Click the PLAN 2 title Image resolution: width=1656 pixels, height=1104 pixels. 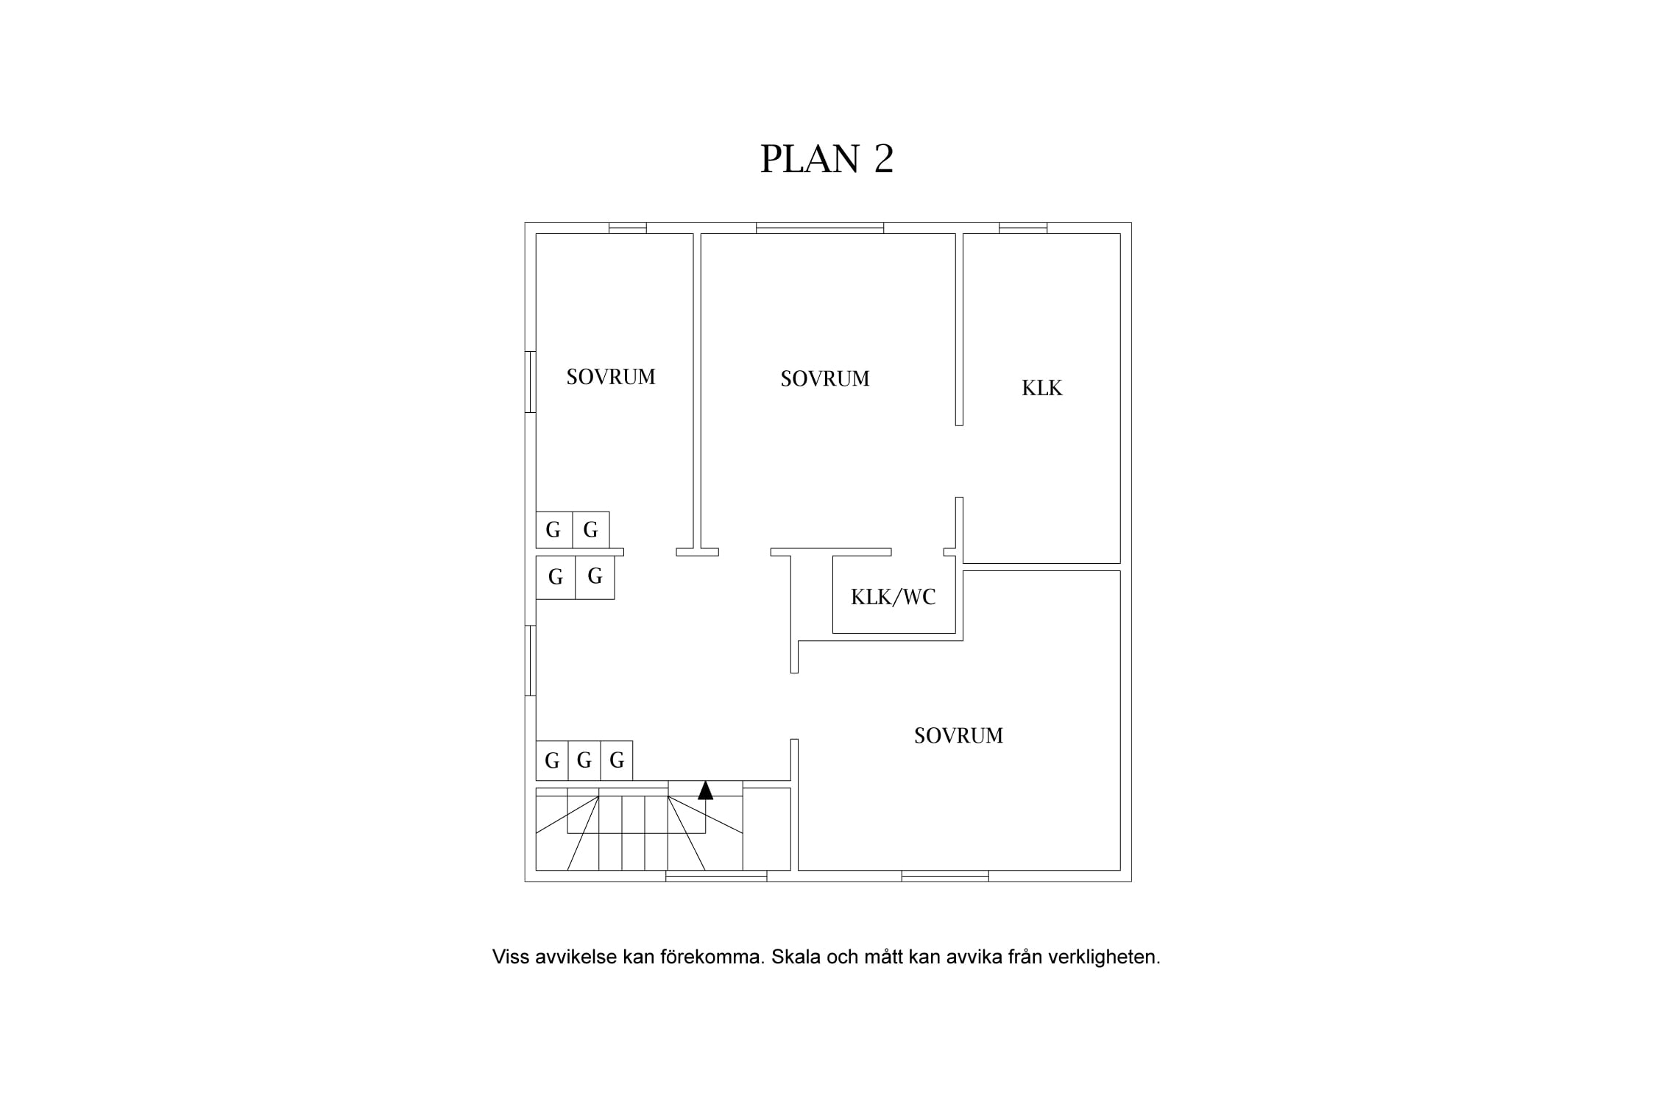tap(827, 158)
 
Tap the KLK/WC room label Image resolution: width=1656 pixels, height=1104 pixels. tap(894, 597)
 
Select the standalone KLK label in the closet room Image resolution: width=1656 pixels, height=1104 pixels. tap(1042, 388)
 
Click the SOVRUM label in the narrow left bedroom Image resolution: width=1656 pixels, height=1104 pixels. tap(611, 377)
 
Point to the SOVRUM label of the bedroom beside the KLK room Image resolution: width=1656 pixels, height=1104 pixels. tap(825, 378)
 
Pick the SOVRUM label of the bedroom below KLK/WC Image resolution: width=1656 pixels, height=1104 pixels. tap(958, 735)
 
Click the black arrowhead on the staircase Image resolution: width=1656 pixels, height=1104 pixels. tap(705, 790)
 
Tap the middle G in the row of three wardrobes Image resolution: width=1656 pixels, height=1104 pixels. tap(584, 760)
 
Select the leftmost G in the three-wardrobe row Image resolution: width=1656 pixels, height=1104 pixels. tap(552, 760)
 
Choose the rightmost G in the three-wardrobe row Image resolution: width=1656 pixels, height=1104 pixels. tap(617, 760)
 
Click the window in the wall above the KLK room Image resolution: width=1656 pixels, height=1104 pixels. tap(1023, 228)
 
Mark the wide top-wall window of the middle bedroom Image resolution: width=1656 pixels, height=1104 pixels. tap(820, 228)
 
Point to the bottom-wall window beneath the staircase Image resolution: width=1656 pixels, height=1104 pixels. tap(716, 876)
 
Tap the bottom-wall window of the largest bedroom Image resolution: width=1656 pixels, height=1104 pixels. tap(945, 876)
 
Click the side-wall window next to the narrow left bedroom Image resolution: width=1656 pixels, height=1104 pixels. tap(530, 382)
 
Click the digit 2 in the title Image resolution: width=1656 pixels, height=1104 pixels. tap(884, 158)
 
